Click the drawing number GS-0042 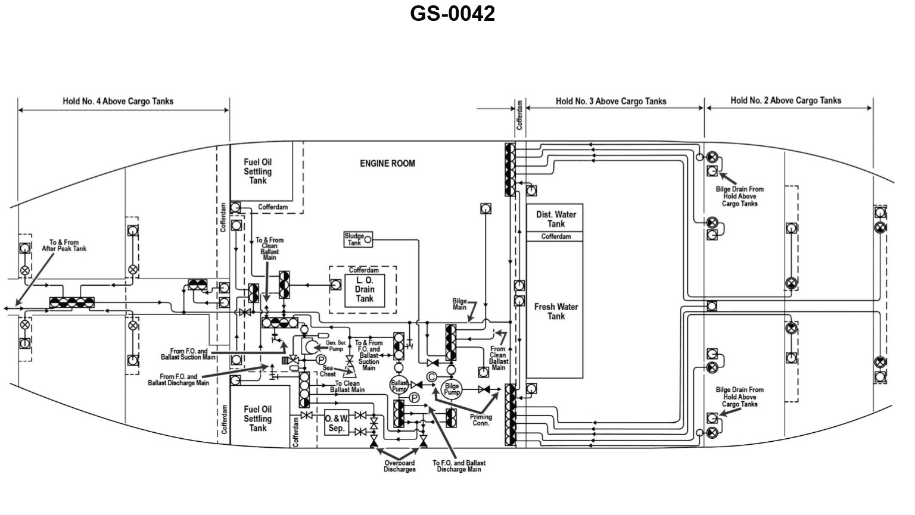pos(452,14)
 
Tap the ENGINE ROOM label pos(387,163)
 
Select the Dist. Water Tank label pos(556,219)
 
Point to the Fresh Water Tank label pos(556,311)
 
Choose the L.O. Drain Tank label pos(365,289)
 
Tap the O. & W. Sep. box pos(337,423)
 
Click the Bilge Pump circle pos(452,389)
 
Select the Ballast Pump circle pos(399,385)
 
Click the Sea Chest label pos(328,371)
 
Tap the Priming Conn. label pos(481,420)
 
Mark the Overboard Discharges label pos(400,466)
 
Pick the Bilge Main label pos(459,304)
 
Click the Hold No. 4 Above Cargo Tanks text pos(118,101)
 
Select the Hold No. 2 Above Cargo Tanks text pos(786,101)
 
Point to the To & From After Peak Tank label pos(64,245)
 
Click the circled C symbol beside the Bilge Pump pos(432,376)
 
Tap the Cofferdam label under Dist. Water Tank pos(556,236)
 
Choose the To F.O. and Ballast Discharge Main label pos(459,466)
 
